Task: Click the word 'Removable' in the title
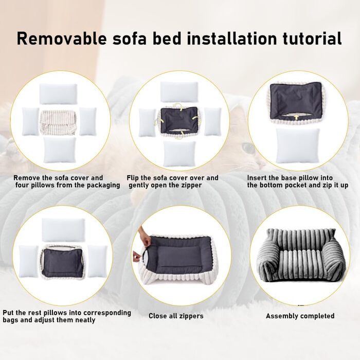(x=62, y=39)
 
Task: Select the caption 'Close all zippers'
(x=176, y=316)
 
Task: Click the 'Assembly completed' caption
(x=300, y=316)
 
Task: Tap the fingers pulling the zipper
(x=138, y=257)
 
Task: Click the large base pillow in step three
(x=298, y=146)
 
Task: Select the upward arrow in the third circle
(x=296, y=117)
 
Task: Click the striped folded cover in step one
(x=58, y=122)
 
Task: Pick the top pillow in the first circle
(x=58, y=94)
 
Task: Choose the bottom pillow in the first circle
(x=60, y=150)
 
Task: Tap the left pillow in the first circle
(x=30, y=121)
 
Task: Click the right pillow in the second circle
(x=212, y=122)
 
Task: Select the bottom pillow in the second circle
(x=179, y=154)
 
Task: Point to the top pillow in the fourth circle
(x=63, y=230)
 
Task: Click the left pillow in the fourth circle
(x=28, y=261)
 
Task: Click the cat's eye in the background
(x=247, y=147)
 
